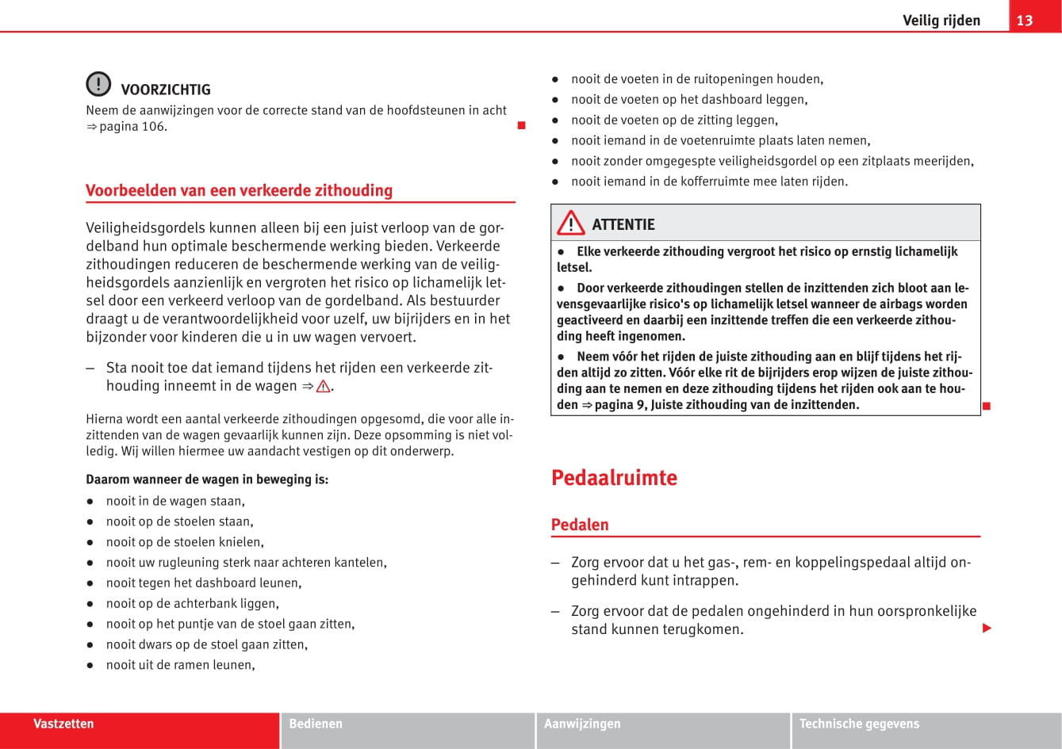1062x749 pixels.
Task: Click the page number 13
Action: (1025, 20)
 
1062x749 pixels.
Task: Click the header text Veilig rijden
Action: (941, 21)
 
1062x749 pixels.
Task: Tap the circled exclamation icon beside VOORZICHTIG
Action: (98, 84)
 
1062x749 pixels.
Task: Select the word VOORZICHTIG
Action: (166, 90)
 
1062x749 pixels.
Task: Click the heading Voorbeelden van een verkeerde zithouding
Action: (239, 190)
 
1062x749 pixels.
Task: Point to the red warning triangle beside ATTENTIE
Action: (570, 224)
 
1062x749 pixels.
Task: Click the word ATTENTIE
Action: (623, 224)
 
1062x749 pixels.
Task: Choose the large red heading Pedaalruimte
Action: (614, 478)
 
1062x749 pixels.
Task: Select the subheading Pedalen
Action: (580, 525)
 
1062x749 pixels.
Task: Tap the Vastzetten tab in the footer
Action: (63, 724)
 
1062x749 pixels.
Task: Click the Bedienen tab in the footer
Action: (316, 724)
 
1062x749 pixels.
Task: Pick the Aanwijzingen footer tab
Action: (582, 724)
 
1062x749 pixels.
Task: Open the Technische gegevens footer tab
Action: (859, 724)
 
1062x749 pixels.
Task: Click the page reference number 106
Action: (153, 127)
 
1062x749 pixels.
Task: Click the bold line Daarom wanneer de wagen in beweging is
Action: (207, 480)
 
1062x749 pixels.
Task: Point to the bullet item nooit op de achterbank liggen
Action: (192, 604)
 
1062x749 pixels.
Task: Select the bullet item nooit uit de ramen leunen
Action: (180, 665)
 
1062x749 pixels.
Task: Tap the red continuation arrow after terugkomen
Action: (987, 629)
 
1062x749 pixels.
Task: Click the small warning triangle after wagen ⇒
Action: (323, 387)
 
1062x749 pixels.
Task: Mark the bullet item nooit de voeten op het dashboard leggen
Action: (688, 100)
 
